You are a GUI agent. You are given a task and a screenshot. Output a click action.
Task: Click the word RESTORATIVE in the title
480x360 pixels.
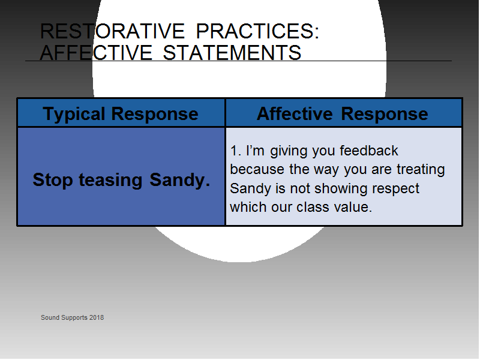[x=112, y=31]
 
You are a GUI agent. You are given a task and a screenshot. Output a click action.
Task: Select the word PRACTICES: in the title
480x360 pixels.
[x=257, y=31]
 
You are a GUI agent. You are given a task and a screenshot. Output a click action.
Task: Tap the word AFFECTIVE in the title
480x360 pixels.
[x=96, y=52]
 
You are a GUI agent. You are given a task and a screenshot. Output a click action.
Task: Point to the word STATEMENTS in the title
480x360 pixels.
[x=232, y=52]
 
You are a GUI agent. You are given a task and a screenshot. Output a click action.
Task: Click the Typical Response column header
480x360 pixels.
[x=121, y=114]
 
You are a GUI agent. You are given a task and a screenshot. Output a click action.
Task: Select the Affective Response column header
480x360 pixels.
[x=342, y=114]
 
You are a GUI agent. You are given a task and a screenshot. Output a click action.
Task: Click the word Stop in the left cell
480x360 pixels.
[x=53, y=179]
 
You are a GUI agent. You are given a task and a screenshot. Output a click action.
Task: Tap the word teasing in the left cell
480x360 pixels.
[x=111, y=181]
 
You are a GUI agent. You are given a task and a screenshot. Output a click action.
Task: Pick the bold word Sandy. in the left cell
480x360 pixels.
[x=179, y=179]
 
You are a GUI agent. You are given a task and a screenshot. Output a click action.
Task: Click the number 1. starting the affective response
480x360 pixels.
[x=235, y=151]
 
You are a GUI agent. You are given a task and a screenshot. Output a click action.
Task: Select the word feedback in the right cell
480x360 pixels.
[x=369, y=151]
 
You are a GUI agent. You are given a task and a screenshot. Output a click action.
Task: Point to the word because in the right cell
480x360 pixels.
[x=257, y=169]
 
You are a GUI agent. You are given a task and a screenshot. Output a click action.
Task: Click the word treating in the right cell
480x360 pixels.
[x=421, y=170]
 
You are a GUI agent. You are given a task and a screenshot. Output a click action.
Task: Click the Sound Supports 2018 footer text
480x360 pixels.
[x=72, y=318]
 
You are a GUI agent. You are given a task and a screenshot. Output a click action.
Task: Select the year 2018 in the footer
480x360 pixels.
[x=97, y=317]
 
